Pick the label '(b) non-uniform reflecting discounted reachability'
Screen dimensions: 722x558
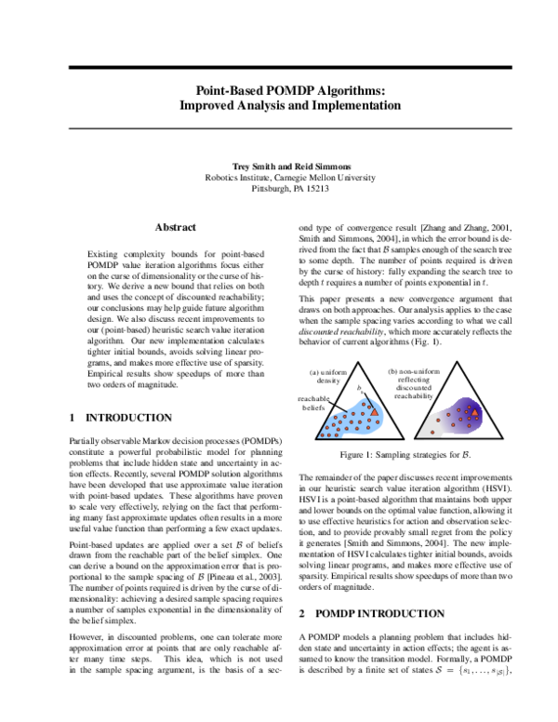tap(413, 383)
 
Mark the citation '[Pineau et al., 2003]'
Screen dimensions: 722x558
tap(219, 580)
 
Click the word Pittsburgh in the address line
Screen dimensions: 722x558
tap(274, 189)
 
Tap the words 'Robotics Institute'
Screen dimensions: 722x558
tap(236, 177)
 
